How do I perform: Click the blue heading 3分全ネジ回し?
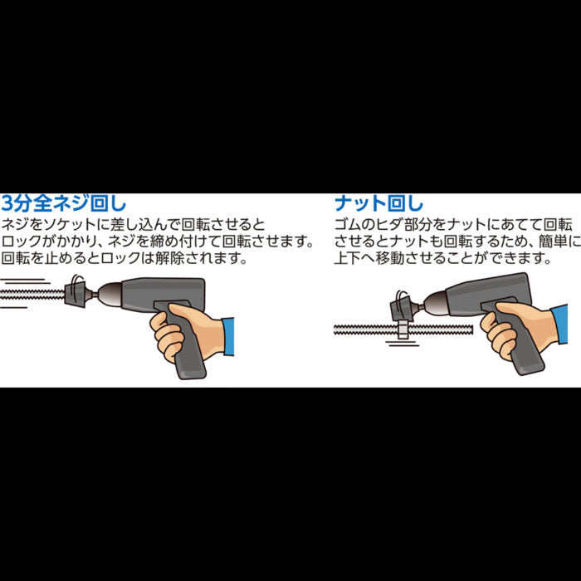pyautogui.click(x=64, y=203)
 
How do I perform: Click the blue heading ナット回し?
pyautogui.click(x=378, y=203)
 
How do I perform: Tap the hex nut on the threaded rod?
pyautogui.click(x=403, y=330)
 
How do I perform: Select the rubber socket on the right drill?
pyautogui.click(x=403, y=308)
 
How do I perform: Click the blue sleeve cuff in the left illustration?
pyautogui.click(x=228, y=336)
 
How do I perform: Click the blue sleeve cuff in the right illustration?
pyautogui.click(x=560, y=324)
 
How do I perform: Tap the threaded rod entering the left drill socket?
pyautogui.click(x=32, y=295)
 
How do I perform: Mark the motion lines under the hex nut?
pyautogui.click(x=403, y=344)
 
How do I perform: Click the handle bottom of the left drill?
pyautogui.click(x=191, y=370)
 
